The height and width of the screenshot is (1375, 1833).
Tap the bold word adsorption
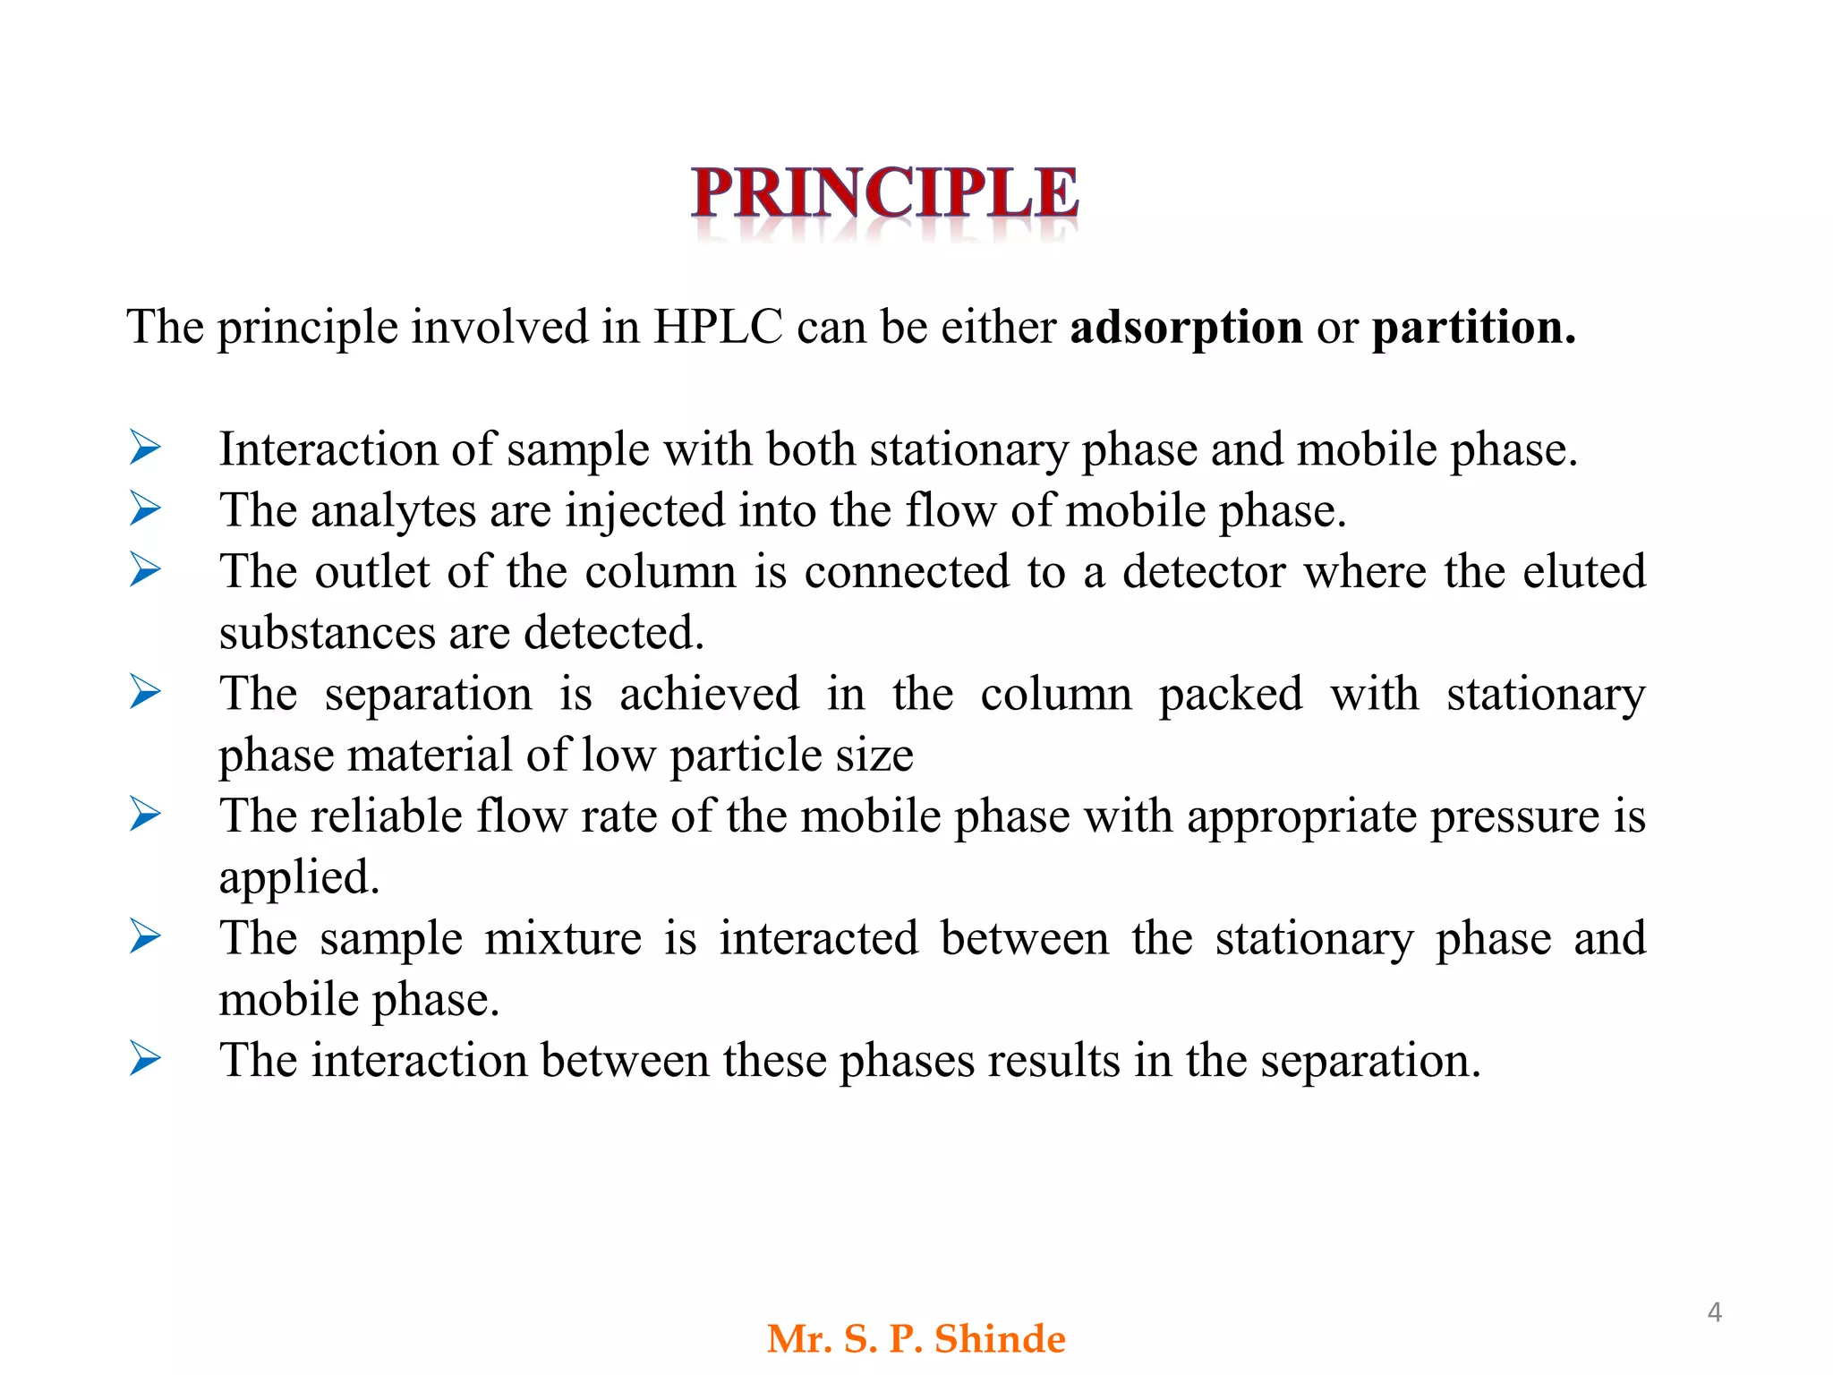(1186, 327)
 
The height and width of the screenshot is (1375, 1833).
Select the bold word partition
(1473, 327)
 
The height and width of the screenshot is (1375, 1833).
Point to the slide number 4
(1714, 1312)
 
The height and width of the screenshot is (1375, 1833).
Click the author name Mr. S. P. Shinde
(916, 1339)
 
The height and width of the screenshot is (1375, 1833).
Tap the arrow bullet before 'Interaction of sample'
(145, 447)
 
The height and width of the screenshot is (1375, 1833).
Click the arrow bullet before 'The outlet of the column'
(145, 569)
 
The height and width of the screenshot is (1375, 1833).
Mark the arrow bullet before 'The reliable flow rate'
(145, 814)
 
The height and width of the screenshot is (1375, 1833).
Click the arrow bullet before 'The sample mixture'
(145, 936)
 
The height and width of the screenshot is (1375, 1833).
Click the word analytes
(393, 512)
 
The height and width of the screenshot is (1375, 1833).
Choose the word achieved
(709, 694)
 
